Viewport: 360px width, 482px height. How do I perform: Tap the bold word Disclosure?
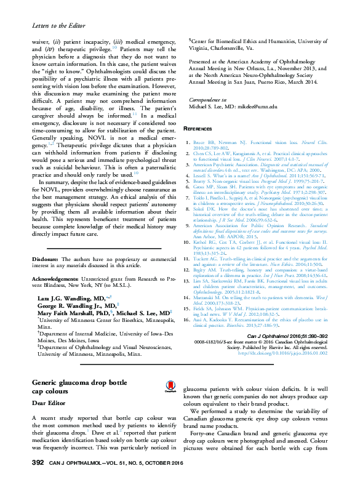tap(46, 243)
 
